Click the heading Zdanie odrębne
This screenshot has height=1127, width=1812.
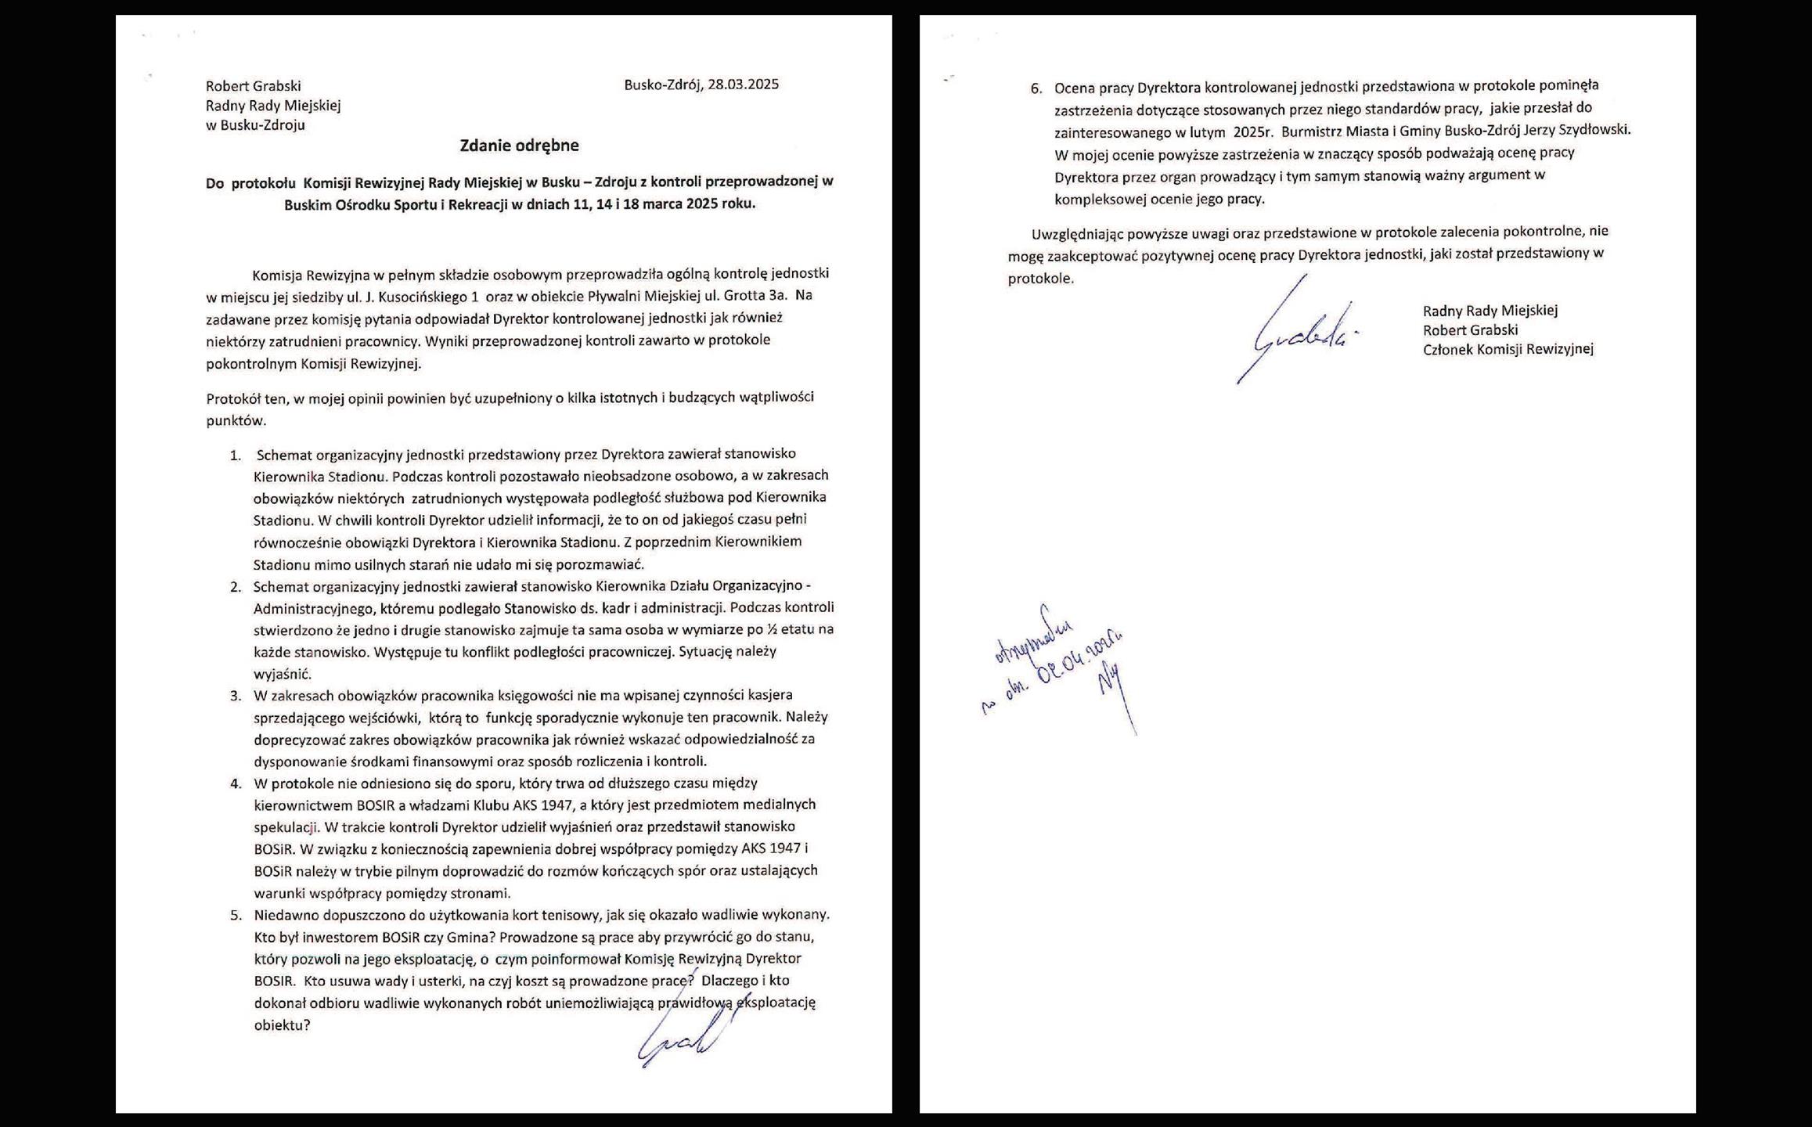tap(519, 145)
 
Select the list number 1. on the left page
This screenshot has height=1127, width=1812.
tap(235, 455)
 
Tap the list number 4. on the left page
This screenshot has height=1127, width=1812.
tap(235, 783)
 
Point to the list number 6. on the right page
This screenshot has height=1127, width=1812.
tap(1036, 88)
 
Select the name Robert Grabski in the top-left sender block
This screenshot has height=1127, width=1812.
tap(253, 86)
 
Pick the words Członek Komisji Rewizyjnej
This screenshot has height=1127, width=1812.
tap(1508, 349)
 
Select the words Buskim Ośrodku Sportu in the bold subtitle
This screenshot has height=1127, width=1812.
tap(366, 204)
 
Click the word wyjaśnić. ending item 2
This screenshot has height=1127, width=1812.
tap(272, 674)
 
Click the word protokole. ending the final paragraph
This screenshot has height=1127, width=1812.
tap(1040, 278)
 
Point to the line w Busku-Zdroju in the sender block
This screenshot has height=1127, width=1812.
tap(255, 125)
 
